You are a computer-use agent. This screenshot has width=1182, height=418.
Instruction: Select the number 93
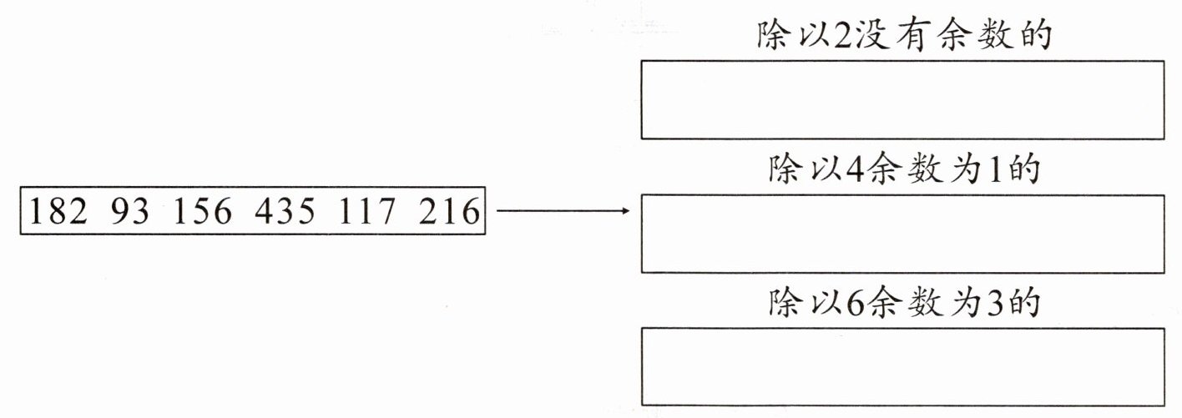(x=130, y=214)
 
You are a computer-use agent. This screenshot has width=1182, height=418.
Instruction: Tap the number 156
(x=202, y=214)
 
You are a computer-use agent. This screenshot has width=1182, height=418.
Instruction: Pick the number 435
(x=285, y=214)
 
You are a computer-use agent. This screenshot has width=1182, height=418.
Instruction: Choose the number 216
(x=450, y=214)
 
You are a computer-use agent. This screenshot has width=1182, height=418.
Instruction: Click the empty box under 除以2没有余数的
(x=902, y=99)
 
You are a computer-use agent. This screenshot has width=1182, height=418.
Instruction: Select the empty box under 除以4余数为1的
(x=902, y=234)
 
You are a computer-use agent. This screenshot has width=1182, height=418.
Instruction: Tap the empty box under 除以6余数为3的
(x=902, y=367)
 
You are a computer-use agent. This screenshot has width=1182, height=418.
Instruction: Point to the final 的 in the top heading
(x=1033, y=38)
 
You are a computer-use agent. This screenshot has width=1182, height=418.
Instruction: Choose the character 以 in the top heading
(x=810, y=38)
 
